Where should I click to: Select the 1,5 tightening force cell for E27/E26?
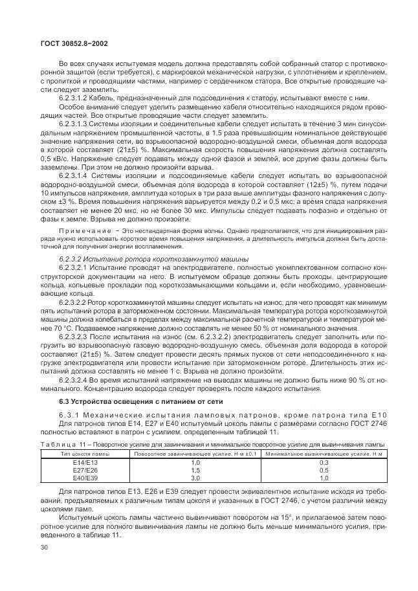tap(195, 471)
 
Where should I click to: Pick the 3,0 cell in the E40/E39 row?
tap(195, 478)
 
